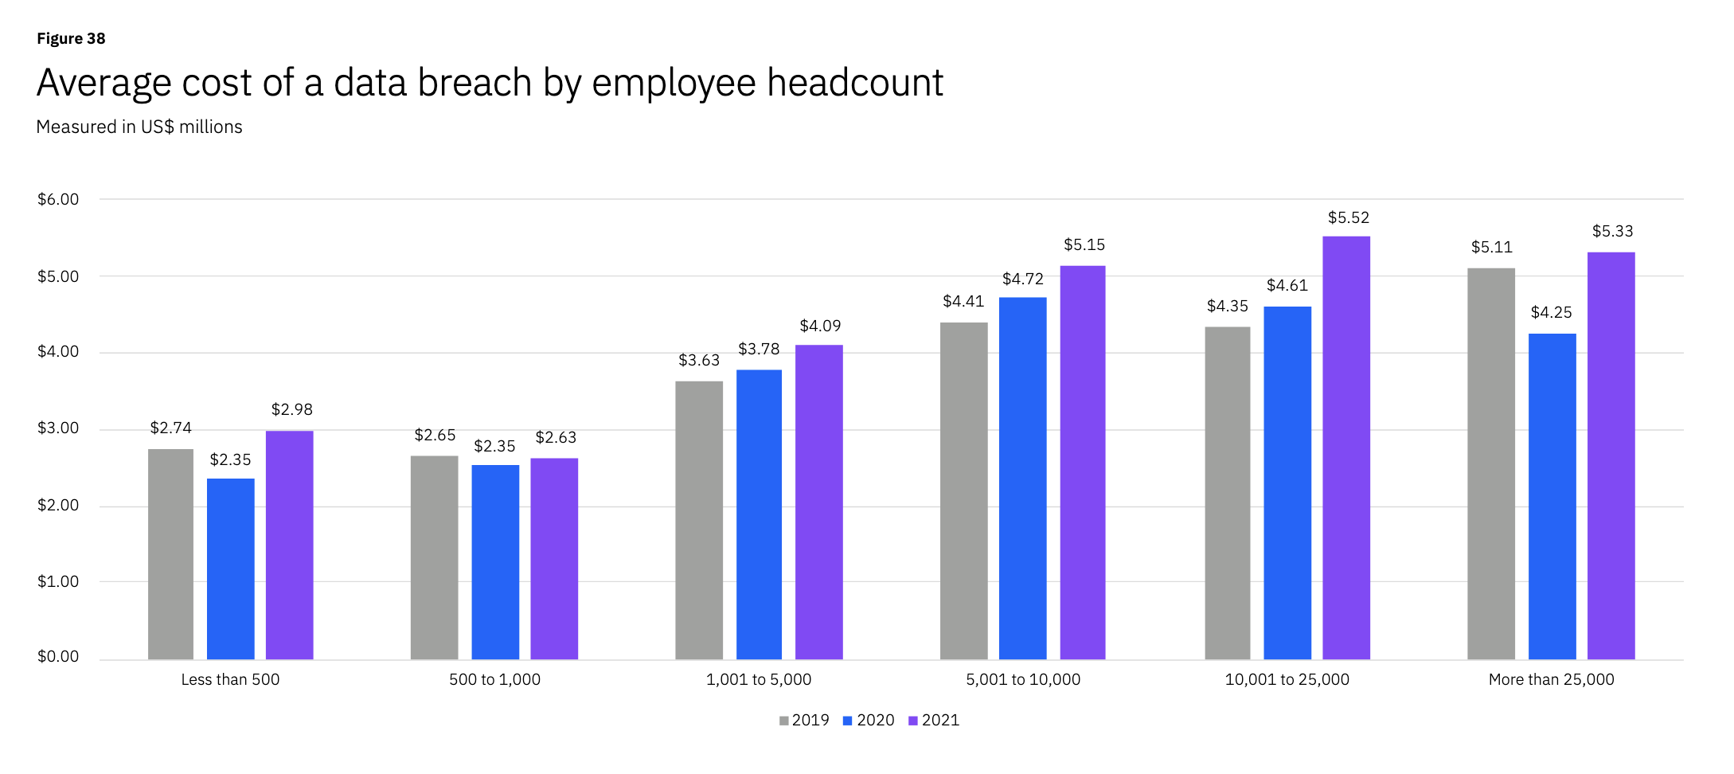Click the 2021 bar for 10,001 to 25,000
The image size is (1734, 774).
point(1346,448)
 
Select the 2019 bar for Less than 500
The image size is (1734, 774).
point(170,554)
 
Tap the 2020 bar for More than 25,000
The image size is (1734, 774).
point(1552,496)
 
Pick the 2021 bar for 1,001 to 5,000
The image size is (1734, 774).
point(818,502)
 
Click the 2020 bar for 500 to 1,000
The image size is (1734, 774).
point(495,561)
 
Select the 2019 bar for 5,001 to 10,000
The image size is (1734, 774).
point(963,491)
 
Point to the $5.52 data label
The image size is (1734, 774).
point(1348,217)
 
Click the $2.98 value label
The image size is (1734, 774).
point(291,409)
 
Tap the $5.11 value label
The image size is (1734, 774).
point(1491,247)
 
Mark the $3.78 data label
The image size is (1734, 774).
point(759,349)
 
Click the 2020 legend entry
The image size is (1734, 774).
point(869,720)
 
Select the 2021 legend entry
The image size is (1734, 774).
point(934,720)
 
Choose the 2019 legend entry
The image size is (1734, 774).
point(804,720)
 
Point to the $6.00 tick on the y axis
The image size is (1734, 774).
point(58,199)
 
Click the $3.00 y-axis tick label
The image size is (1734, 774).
point(58,428)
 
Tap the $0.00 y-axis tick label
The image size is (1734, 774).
point(58,656)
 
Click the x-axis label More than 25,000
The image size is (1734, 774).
point(1551,679)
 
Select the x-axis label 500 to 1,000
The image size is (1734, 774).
point(494,679)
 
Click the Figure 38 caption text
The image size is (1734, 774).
point(71,38)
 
